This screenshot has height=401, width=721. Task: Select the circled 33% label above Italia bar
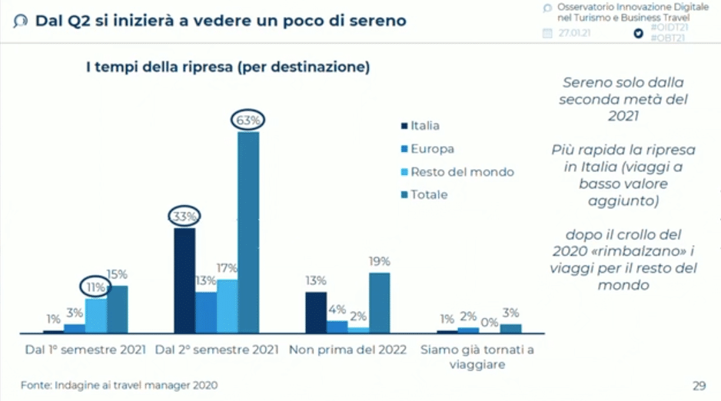(x=184, y=217)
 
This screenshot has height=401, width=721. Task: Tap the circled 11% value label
(x=96, y=287)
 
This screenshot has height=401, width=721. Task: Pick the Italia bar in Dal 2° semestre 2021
(x=184, y=280)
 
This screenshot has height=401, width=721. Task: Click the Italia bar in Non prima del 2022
(x=316, y=312)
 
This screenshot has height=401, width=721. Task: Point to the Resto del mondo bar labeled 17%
(x=227, y=306)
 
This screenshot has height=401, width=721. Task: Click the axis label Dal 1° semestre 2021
(x=85, y=350)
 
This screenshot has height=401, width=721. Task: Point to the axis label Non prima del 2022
(x=347, y=350)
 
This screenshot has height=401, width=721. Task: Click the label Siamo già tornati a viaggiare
(x=477, y=357)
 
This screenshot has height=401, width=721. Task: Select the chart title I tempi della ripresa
(x=228, y=68)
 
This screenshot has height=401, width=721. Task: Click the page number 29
(x=699, y=385)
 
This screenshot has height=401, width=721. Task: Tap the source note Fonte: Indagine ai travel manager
(x=119, y=385)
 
